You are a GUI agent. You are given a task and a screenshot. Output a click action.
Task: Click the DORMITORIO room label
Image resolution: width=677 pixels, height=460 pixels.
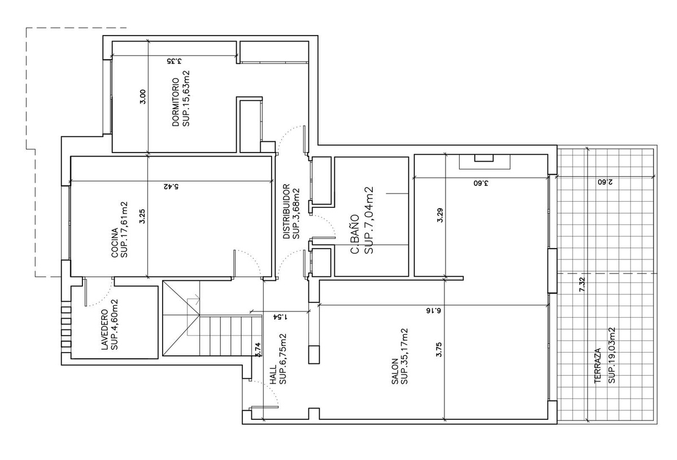tap(176, 102)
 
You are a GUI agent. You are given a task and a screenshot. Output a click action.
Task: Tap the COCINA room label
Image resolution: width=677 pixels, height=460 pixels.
tap(115, 243)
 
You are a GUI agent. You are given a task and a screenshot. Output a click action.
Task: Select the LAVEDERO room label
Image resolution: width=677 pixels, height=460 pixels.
tap(104, 329)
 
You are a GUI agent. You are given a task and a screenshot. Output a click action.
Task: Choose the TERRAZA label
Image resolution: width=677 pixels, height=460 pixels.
tap(598, 366)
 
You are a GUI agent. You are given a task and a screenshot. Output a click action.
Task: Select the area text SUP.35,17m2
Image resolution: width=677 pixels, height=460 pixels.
tap(404, 357)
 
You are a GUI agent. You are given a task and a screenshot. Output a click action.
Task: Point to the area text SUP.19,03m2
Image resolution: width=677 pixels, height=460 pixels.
tap(611, 355)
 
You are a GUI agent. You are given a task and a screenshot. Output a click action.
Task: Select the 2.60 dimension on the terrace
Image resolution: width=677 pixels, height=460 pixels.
tap(605, 183)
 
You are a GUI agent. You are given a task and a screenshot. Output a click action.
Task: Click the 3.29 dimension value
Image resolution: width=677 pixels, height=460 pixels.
tap(440, 215)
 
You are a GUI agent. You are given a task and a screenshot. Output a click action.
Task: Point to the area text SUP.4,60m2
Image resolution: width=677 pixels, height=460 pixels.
tap(114, 324)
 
